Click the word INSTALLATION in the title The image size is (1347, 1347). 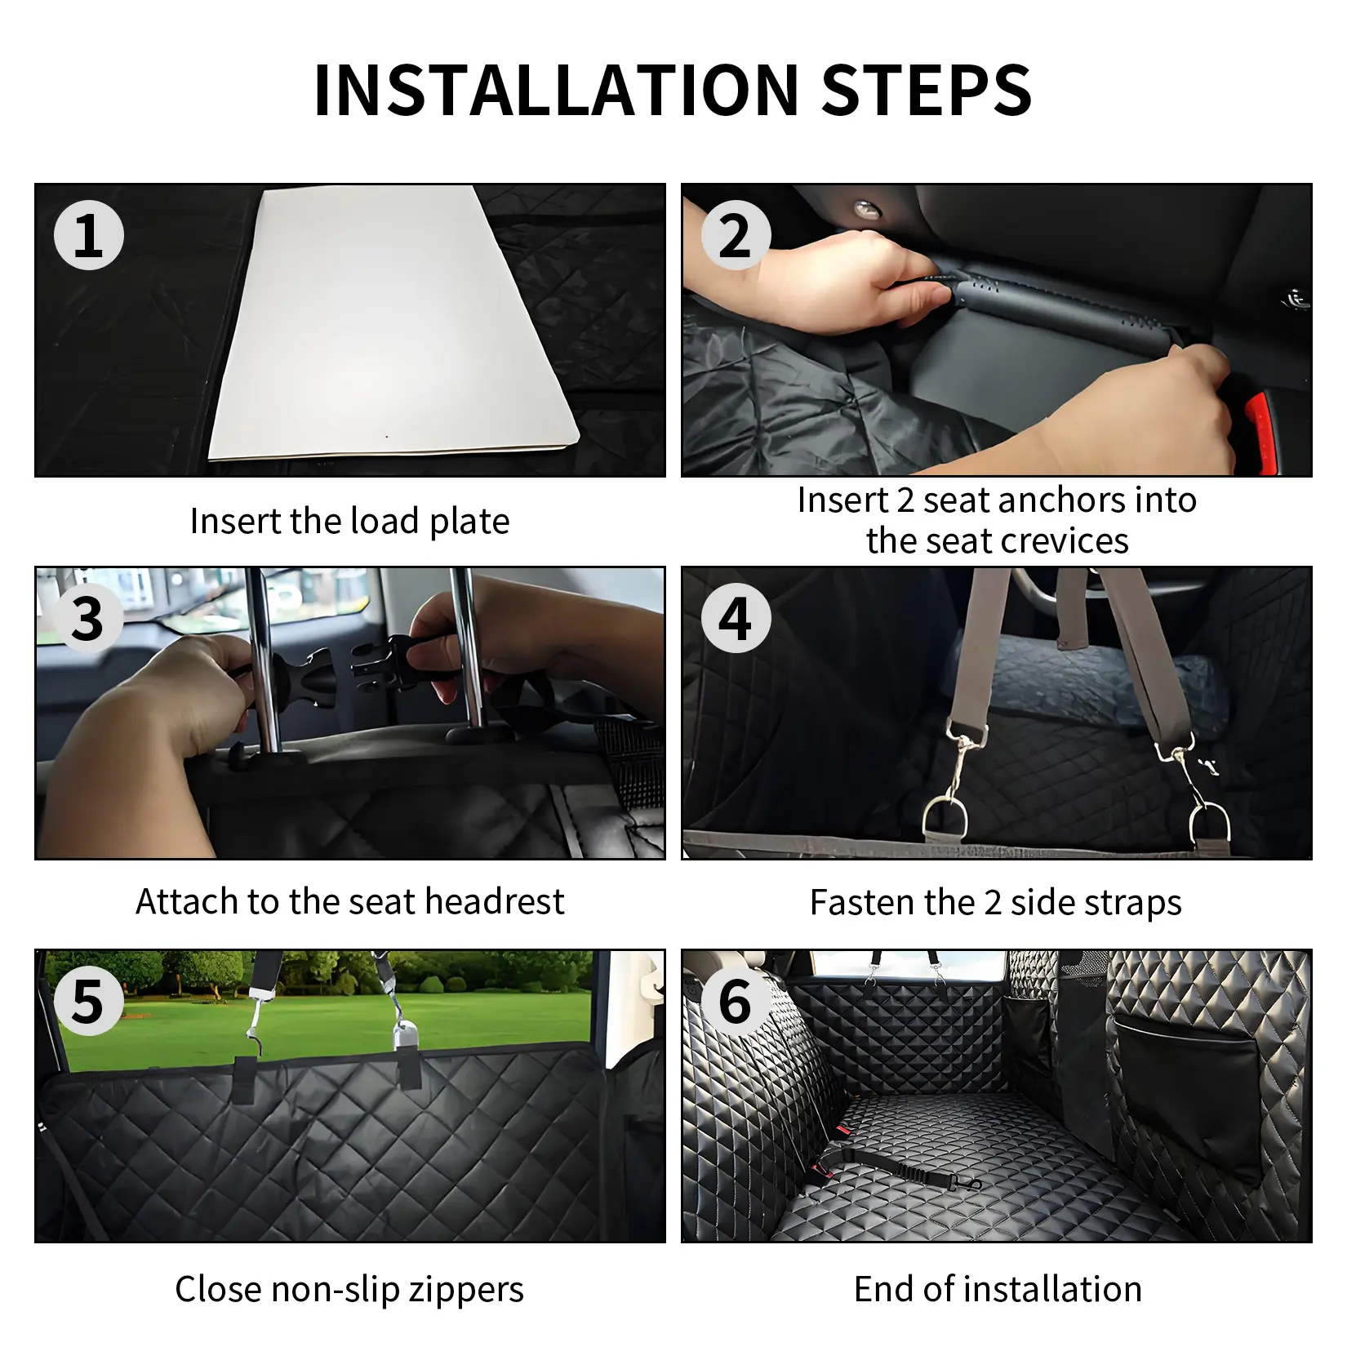tap(556, 90)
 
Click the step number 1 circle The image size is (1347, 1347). tap(88, 235)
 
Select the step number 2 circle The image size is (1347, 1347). tap(736, 235)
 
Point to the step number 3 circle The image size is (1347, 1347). tap(88, 618)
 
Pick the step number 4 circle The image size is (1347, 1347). tap(736, 618)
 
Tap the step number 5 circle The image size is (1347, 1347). tap(88, 1001)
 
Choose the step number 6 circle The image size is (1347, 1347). tap(736, 1001)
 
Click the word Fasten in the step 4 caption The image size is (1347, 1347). tap(863, 903)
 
